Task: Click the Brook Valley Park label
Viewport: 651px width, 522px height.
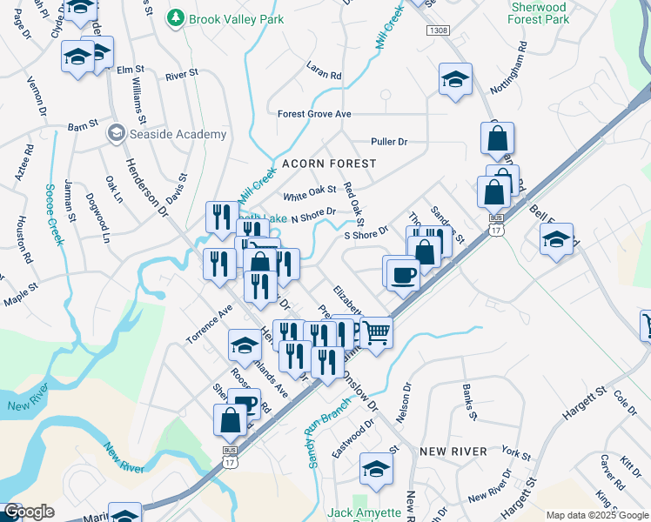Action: [228, 17]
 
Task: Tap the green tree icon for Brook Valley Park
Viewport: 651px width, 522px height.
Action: [176, 17]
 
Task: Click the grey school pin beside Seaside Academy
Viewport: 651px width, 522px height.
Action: [115, 134]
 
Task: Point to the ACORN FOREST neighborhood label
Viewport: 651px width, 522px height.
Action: [328, 164]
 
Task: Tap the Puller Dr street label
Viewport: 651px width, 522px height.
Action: [389, 142]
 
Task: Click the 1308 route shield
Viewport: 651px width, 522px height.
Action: [438, 30]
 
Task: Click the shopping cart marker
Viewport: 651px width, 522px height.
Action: [376, 331]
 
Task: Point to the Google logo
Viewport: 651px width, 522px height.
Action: [29, 512]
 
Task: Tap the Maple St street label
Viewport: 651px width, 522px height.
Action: [22, 291]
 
